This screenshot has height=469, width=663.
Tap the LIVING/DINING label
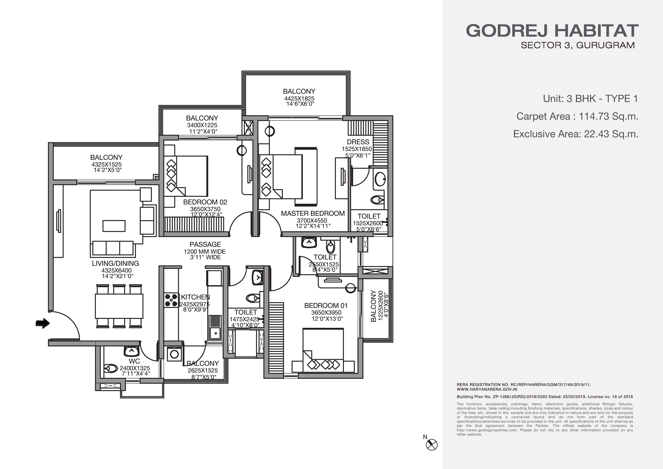point(115,263)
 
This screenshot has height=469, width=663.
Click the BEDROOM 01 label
point(326,305)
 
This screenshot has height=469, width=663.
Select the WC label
point(134,361)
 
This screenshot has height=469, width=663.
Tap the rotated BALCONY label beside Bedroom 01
point(373,306)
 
